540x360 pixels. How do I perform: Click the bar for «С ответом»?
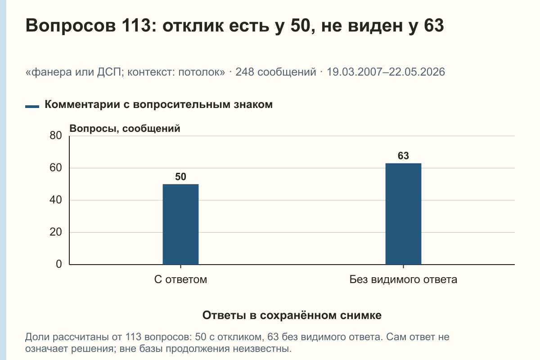(180, 224)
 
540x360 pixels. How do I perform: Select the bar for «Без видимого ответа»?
(403, 214)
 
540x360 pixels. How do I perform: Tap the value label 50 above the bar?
(180, 177)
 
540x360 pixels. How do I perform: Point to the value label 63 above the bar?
(403, 156)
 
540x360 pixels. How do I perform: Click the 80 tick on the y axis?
(56, 135)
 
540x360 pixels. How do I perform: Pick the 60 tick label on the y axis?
(56, 168)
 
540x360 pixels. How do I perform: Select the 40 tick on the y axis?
(56, 200)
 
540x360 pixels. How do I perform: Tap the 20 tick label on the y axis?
(56, 232)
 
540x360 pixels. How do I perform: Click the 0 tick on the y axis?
(59, 264)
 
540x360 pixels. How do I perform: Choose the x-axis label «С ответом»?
(180, 279)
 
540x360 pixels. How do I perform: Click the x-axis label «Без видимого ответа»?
(403, 279)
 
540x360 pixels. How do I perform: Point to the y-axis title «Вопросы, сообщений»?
(125, 129)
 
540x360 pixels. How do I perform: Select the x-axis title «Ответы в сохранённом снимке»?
(292, 315)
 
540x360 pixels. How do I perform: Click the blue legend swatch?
(32, 107)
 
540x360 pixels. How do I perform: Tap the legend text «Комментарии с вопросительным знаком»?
(158, 105)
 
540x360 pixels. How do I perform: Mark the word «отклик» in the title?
(193, 26)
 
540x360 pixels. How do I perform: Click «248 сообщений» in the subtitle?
(276, 72)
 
